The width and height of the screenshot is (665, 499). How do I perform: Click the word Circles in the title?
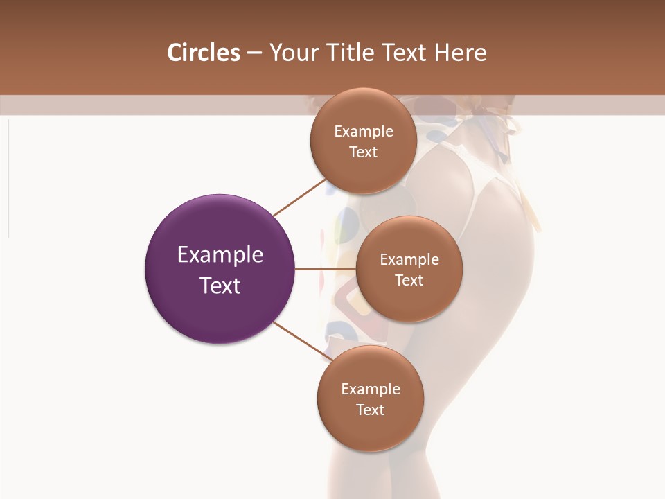coord(203,53)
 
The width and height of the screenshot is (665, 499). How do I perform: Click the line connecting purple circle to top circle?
coord(299,198)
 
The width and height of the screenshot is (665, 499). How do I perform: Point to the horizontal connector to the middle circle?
coord(326,269)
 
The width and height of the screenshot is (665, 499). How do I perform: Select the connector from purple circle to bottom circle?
coord(302,341)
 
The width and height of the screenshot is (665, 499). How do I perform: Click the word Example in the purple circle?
coord(220,255)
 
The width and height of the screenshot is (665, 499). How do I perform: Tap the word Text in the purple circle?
coord(220,286)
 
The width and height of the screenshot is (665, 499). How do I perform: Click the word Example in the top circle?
coord(364,131)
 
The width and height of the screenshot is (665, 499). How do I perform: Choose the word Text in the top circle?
coord(364,152)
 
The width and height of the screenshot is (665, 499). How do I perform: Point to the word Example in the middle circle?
coord(409,259)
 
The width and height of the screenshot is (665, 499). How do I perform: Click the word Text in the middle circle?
coord(409,280)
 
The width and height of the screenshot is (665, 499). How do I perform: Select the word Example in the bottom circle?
coord(371,389)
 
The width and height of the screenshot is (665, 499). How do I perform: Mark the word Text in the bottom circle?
coord(371,410)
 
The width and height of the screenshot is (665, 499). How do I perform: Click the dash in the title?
coord(254,53)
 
